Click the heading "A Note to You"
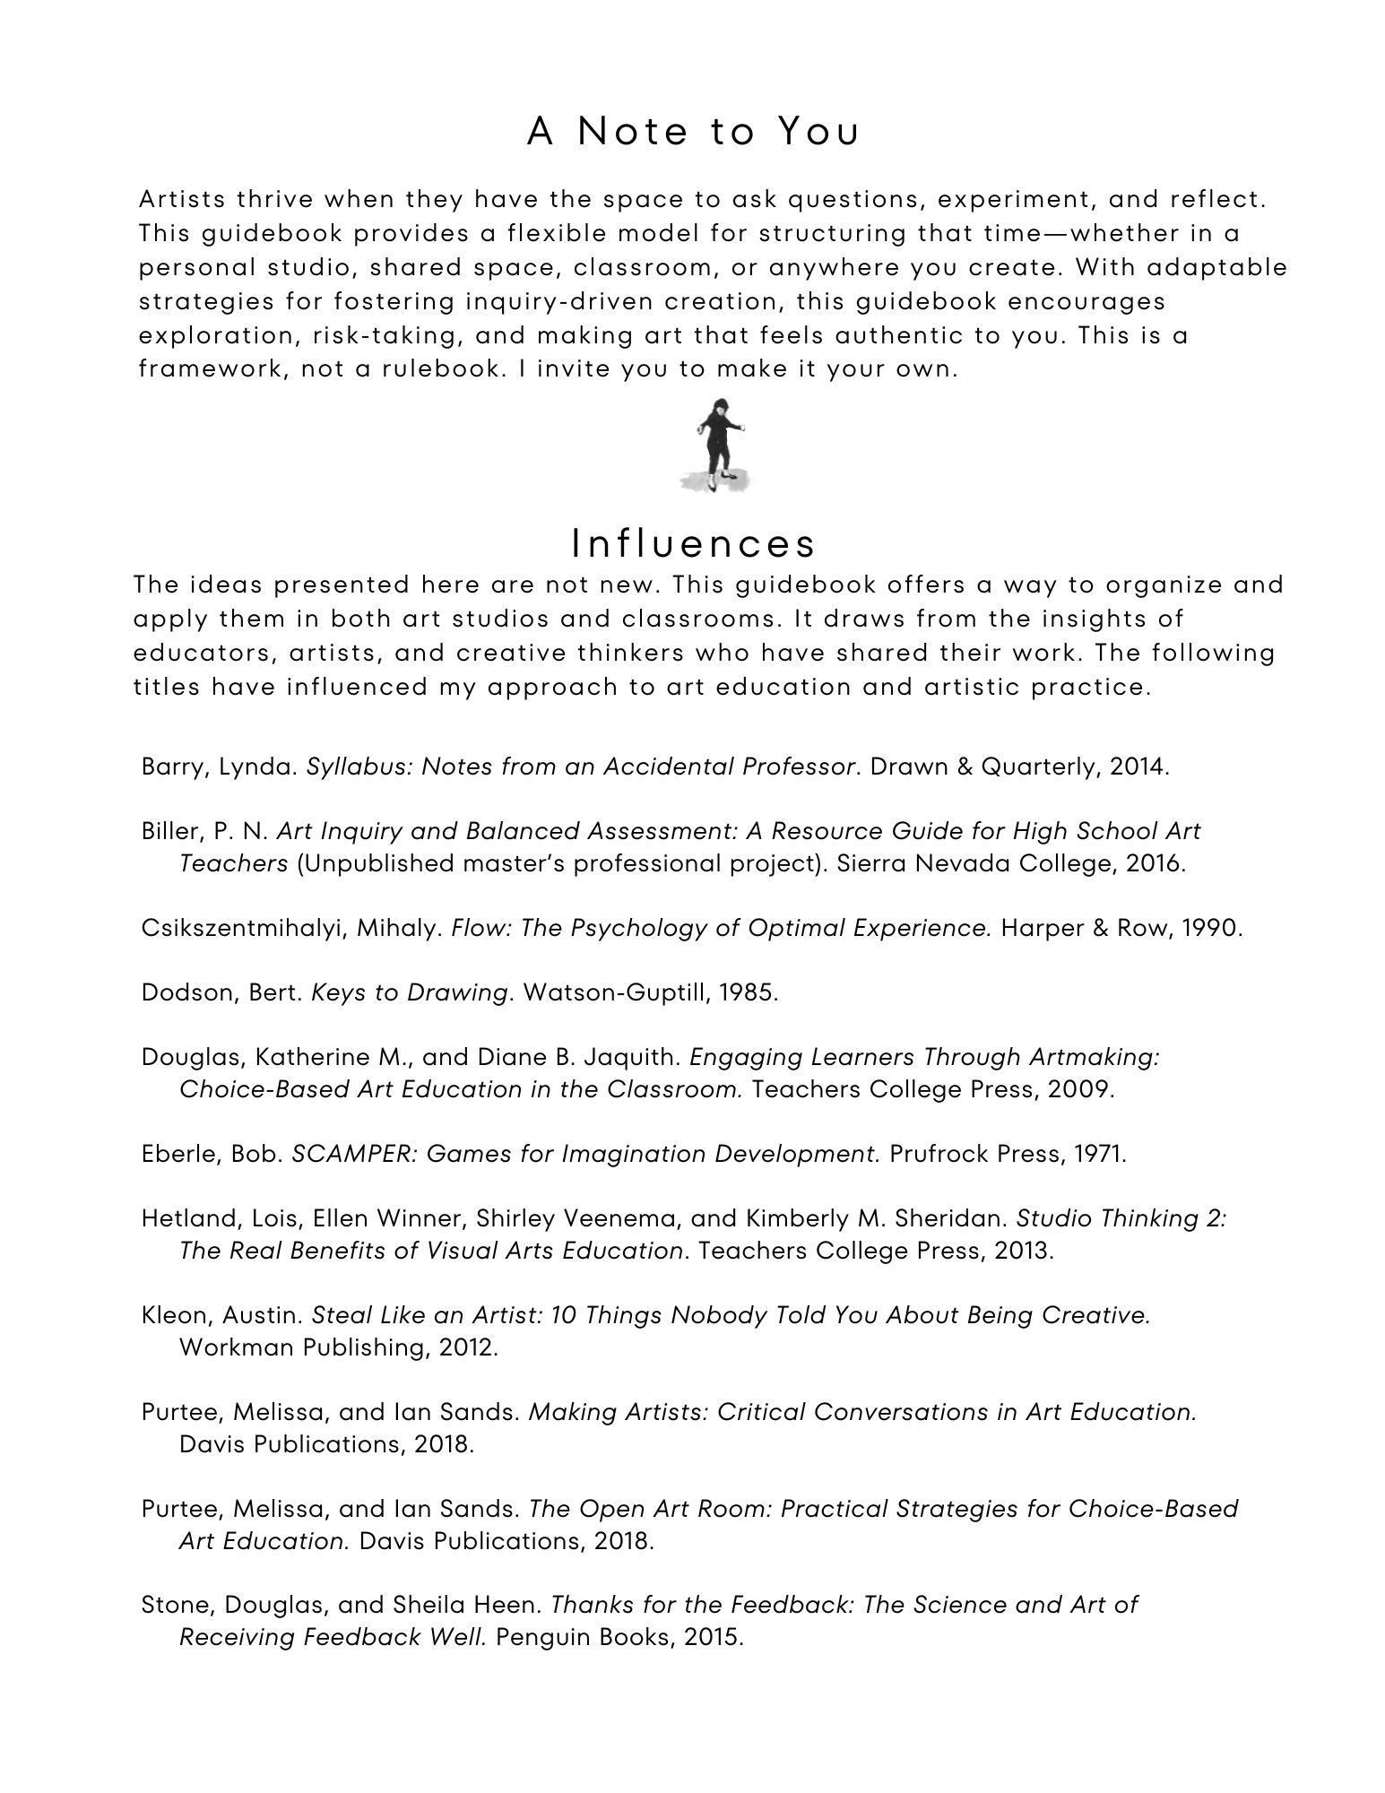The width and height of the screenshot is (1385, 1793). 692,132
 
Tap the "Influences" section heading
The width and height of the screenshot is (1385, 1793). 693,543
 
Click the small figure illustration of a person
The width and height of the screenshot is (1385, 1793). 715,446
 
